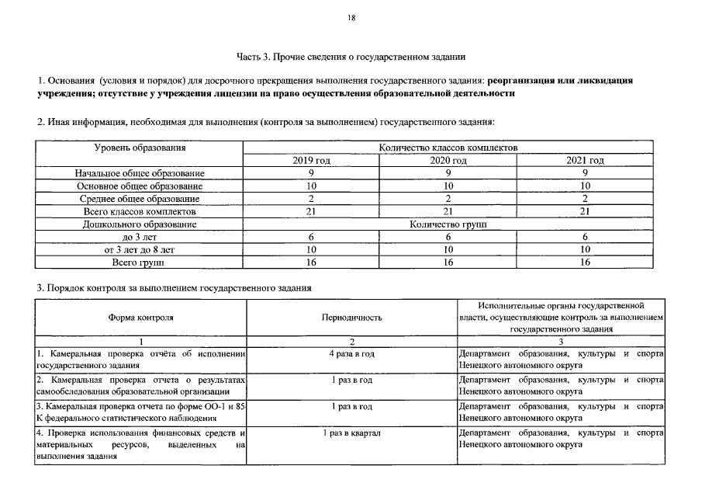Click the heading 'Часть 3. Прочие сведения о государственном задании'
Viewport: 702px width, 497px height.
pos(351,57)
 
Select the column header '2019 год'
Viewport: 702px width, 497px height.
pos(312,161)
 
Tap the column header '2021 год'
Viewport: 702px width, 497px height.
pos(586,161)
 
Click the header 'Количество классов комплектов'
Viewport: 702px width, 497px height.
pos(448,148)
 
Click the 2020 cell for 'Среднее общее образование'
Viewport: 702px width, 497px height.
pos(448,199)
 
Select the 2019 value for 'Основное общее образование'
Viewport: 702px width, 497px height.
pos(312,186)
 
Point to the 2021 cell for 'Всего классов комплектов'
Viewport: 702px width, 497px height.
pos(586,211)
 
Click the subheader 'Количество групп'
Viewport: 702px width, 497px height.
pos(448,224)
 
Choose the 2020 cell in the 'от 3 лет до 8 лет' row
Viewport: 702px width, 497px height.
pos(448,249)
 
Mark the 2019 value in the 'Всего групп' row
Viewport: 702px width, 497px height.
pos(312,262)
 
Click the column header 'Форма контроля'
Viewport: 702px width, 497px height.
pos(140,318)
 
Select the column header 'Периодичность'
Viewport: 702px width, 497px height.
pos(351,318)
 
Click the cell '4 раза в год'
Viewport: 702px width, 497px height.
pos(351,354)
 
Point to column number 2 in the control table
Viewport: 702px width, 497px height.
pos(351,342)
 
